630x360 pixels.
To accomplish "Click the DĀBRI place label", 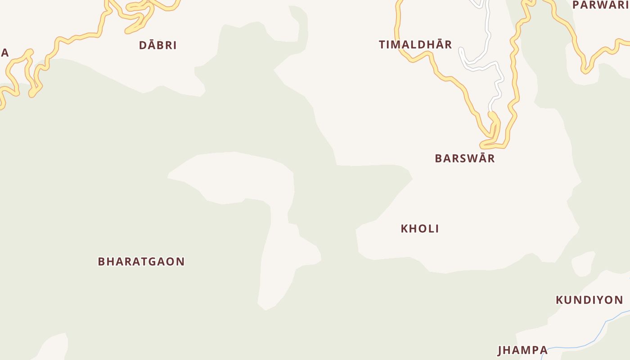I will (x=157, y=45).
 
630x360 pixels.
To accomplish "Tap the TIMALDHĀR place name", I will (x=415, y=45).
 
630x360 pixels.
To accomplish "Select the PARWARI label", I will (x=600, y=5).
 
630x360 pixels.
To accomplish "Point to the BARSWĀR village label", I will (x=464, y=158).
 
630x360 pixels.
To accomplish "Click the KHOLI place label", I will (x=419, y=229).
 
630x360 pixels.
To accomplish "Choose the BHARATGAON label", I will (x=141, y=261).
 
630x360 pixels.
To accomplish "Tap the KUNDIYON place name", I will (x=589, y=300).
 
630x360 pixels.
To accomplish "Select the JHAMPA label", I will (x=522, y=350).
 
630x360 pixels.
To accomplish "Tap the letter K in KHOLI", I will (x=404, y=229).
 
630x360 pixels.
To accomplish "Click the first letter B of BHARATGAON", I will (x=101, y=261).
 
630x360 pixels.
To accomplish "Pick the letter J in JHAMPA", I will (x=500, y=350).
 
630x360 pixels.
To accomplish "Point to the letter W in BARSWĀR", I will (x=468, y=158).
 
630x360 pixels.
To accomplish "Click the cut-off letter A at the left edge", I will (x=4, y=53).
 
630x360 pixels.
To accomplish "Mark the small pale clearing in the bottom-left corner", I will (x=53, y=346).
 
